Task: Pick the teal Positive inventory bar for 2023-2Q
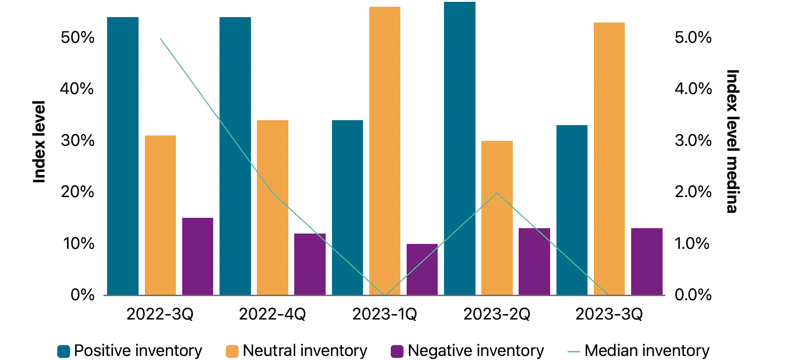tap(459, 148)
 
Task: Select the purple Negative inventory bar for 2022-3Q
tap(197, 256)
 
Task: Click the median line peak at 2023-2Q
tap(497, 193)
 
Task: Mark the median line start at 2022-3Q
tap(161, 39)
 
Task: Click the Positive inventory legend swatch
tap(64, 351)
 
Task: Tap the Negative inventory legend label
tap(475, 351)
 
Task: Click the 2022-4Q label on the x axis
tap(272, 314)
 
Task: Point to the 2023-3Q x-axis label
tap(609, 314)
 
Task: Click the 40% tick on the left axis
tap(77, 89)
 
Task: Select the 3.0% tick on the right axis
tap(693, 140)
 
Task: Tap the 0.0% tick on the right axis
tap(693, 295)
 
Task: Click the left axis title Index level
tap(40, 142)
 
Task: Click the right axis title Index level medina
tap(732, 141)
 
